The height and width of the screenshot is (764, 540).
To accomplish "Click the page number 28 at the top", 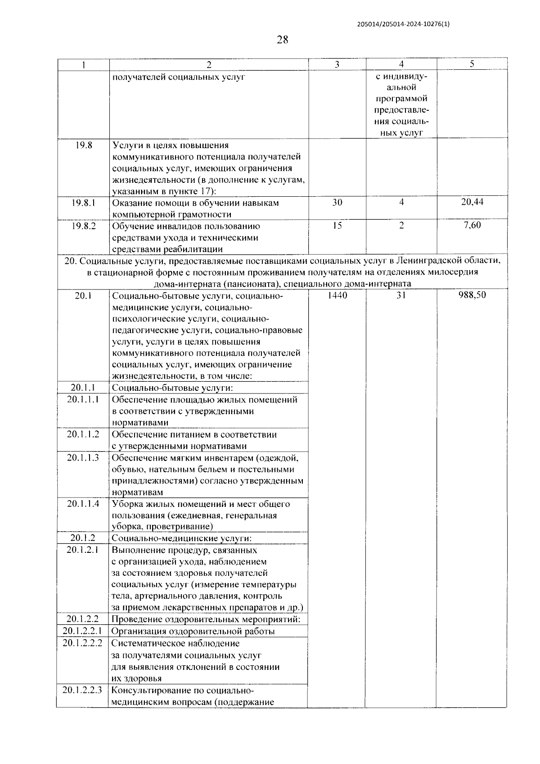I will coord(282,40).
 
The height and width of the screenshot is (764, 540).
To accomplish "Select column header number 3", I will coord(337,64).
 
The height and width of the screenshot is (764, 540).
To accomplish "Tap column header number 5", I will coord(472,64).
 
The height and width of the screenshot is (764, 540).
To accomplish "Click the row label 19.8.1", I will coord(84,203).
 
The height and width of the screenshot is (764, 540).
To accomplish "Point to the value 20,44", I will coord(472,202).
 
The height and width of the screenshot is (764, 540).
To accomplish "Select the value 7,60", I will coord(472,225).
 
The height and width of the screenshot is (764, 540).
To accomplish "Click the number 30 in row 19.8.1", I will coord(337,203).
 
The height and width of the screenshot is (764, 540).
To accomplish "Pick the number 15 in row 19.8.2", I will coord(337,226).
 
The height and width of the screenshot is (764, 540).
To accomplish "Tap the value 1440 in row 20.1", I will coord(337,295).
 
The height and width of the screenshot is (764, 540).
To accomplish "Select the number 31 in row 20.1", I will coord(401,295).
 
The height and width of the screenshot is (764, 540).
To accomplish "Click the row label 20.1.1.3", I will coord(83,457).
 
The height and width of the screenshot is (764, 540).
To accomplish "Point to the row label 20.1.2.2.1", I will coord(83,631).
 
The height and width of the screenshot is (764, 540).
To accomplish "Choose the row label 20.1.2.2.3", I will coord(83,690).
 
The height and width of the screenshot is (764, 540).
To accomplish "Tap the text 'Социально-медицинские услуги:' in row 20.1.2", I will coord(181,538).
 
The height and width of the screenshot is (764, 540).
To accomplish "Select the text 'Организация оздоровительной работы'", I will coord(193,631).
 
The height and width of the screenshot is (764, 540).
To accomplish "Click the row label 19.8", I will coord(84,145).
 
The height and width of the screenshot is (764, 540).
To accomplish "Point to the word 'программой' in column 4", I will coord(401,99).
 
